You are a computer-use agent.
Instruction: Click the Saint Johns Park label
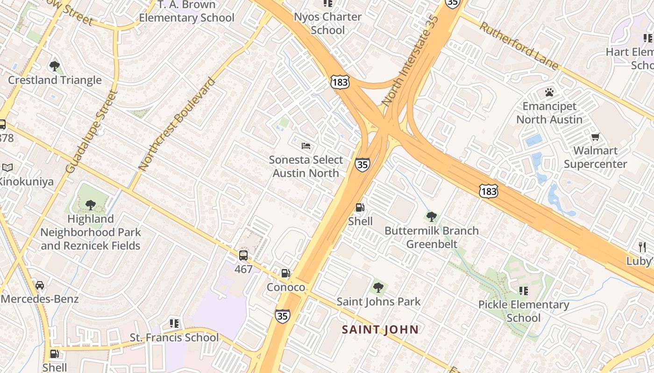coord(378,302)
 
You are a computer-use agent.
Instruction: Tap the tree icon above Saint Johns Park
coord(378,288)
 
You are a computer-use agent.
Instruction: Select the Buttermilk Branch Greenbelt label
coord(431,237)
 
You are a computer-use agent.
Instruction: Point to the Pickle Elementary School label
coord(523,311)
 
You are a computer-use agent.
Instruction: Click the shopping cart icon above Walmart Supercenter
coord(595,137)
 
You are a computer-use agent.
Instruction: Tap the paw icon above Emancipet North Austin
coord(549,92)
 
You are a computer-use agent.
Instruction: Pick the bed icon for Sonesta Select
coord(306,146)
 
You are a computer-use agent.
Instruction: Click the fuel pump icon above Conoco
coord(285,273)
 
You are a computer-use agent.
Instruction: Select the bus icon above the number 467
coord(243,255)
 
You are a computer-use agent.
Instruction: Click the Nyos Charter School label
coord(327,23)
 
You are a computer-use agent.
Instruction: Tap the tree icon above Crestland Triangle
coord(55,66)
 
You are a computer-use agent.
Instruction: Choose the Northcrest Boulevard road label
coord(177,124)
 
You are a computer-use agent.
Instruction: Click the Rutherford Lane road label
coord(519,46)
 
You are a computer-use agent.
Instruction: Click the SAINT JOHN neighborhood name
coord(380,330)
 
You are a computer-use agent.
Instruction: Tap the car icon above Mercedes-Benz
coord(40,285)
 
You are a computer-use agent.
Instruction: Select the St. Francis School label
coord(174,337)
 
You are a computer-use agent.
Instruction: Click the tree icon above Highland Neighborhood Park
coord(90,204)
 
